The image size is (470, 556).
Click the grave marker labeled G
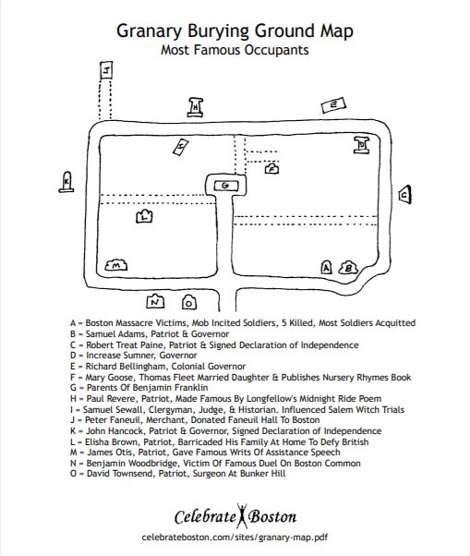tap(225, 186)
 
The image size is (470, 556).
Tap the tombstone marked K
tap(66, 182)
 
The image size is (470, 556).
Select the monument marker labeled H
tap(196, 107)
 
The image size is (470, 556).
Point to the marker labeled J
tap(106, 70)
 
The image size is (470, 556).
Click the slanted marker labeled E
tap(333, 105)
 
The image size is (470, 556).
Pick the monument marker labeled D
tap(362, 145)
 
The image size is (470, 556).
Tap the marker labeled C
tap(404, 194)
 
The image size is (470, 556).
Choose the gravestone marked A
tap(327, 267)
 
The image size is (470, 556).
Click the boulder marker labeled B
tap(348, 268)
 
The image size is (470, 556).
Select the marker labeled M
tap(116, 265)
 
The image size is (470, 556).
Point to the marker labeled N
tap(155, 301)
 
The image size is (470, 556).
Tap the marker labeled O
tap(189, 302)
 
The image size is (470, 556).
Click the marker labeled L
tap(144, 216)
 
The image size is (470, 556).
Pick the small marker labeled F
tap(271, 168)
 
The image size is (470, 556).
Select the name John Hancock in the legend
tap(114, 430)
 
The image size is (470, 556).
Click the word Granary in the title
tap(149, 31)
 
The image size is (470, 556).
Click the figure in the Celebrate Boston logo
tap(242, 516)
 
